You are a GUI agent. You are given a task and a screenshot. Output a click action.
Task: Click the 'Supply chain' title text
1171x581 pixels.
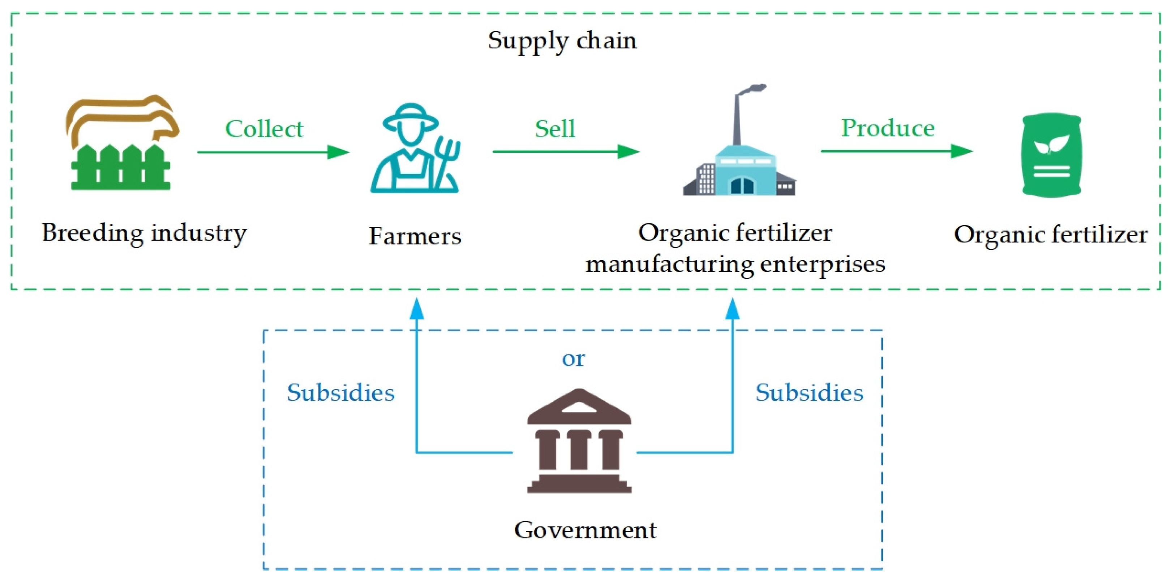tap(562, 41)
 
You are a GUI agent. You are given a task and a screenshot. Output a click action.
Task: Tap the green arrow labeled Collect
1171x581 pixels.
tap(273, 152)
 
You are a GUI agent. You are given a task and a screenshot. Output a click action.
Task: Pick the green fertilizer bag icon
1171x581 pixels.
tap(1051, 155)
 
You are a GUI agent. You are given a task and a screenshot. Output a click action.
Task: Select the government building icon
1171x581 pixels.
tap(579, 441)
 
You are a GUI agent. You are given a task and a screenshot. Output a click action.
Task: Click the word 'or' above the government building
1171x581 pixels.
tap(573, 359)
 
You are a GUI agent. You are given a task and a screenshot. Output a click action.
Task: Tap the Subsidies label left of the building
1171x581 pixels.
tap(340, 393)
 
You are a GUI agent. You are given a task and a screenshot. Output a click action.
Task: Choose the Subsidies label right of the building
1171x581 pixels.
tap(809, 393)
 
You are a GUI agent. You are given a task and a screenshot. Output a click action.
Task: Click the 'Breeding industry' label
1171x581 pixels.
tap(145, 233)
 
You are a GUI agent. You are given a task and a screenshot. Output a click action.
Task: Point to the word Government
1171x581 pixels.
tap(585, 530)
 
